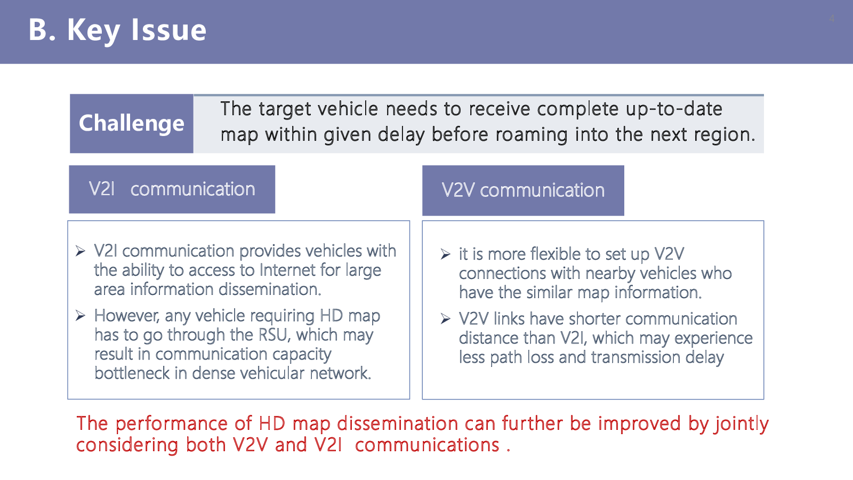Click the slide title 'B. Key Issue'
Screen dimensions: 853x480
[117, 30]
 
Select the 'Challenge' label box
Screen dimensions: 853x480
[131, 123]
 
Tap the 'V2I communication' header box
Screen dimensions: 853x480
[172, 189]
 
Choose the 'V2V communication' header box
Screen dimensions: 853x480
[523, 190]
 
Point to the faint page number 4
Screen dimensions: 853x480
[832, 18]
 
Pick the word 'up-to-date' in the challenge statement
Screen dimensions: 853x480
[674, 109]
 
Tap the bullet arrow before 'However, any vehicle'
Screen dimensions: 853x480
[80, 316]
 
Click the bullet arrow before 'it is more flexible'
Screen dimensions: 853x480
[445, 254]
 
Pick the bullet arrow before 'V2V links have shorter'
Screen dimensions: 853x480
[445, 319]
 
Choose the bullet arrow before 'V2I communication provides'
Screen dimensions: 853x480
[80, 251]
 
